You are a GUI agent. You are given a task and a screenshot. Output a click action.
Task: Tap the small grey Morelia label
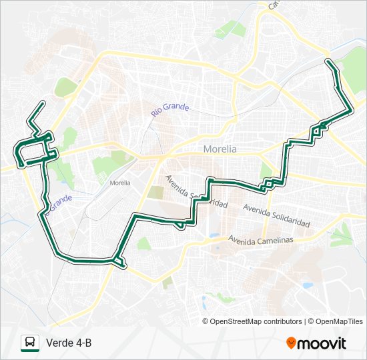(x=120, y=182)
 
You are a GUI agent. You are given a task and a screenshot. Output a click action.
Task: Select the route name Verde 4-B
(x=69, y=343)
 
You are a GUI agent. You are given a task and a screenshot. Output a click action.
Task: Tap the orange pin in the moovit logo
(x=292, y=342)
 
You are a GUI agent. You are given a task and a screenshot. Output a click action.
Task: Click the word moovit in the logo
(x=322, y=343)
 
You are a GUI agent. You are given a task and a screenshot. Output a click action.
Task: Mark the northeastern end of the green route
(x=328, y=61)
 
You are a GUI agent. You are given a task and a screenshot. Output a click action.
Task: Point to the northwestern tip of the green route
(x=43, y=102)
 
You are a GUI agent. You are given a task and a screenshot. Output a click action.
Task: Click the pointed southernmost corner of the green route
(x=124, y=267)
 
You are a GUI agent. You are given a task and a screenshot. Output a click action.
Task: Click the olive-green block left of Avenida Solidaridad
(x=155, y=193)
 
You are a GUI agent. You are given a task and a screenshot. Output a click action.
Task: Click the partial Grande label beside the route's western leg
(x=59, y=201)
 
